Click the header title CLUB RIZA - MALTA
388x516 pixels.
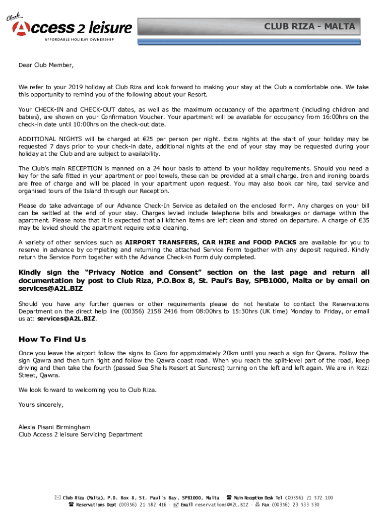(x=310, y=26)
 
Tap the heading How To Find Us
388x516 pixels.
(x=52, y=339)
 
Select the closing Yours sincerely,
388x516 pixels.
(x=41, y=404)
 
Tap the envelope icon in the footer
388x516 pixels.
(x=57, y=498)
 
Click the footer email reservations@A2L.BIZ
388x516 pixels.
(x=222, y=504)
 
